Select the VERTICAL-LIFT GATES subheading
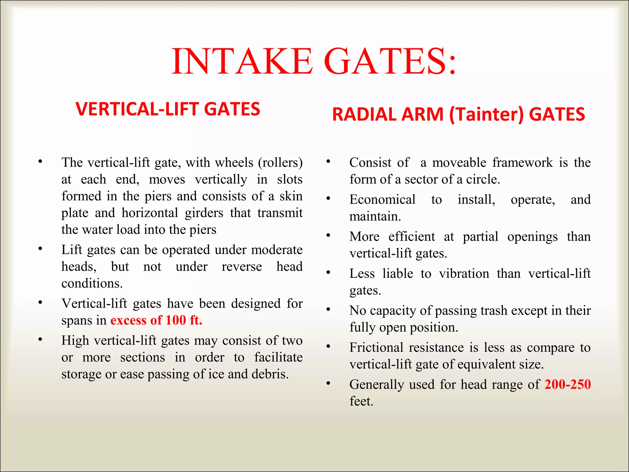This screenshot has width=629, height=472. pyautogui.click(x=168, y=109)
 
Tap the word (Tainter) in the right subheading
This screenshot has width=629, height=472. pyautogui.click(x=486, y=114)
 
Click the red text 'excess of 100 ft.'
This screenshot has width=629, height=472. pyautogui.click(x=156, y=320)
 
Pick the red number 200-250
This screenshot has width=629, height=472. pyautogui.click(x=567, y=384)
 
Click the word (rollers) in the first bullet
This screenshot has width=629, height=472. pyautogui.click(x=280, y=163)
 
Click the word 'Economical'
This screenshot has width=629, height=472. pyautogui.click(x=382, y=200)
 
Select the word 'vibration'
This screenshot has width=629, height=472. pyautogui.click(x=464, y=273)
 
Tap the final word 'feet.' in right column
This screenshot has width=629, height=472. pyautogui.click(x=361, y=401)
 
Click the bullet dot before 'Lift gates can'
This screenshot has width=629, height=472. pyautogui.click(x=40, y=249)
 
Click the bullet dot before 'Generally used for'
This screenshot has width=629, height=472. pyautogui.click(x=328, y=383)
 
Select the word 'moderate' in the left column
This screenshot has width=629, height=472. pyautogui.click(x=277, y=250)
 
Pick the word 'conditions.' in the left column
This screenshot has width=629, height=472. pyautogui.click(x=92, y=283)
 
